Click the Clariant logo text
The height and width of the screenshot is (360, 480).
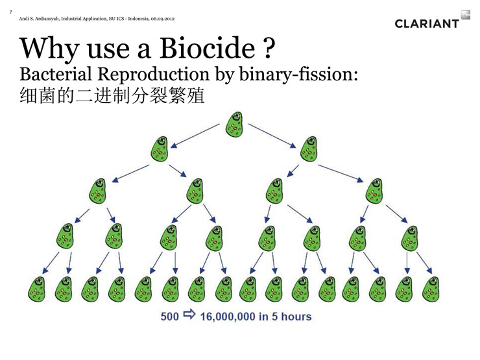tap(427, 23)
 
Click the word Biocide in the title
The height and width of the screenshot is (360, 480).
tap(207, 48)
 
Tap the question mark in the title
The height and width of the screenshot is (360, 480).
tap(268, 48)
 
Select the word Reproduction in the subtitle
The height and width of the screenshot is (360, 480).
tap(153, 74)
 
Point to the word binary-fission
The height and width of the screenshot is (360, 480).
tap(298, 75)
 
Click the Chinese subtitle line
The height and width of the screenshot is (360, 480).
tap(112, 95)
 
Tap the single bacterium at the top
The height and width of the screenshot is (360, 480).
tap(235, 124)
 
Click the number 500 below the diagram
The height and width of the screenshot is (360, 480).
tap(169, 317)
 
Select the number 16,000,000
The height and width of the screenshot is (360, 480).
tap(228, 317)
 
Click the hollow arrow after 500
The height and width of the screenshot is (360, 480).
tap(189, 315)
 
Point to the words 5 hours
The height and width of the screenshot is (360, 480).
tap(291, 317)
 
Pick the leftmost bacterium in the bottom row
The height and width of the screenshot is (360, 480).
tap(36, 289)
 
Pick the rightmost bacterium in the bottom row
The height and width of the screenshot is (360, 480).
tap(431, 289)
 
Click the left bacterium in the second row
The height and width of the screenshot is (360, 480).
tap(160, 149)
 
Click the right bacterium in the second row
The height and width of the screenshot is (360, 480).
tap(309, 149)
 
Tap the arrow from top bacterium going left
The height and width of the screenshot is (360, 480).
tap(195, 136)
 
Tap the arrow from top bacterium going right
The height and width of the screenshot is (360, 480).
tap(272, 136)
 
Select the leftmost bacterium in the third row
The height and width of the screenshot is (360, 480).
tap(98, 191)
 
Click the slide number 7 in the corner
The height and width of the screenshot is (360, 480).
tap(11, 12)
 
